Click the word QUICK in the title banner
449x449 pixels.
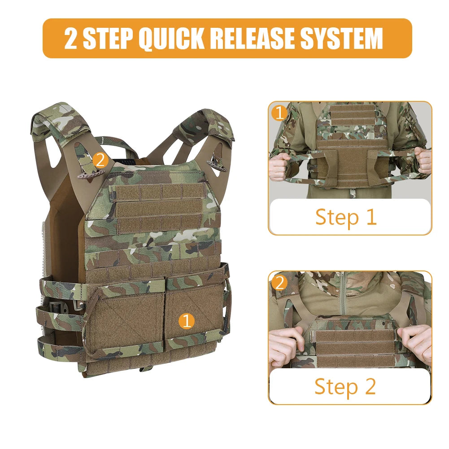171,39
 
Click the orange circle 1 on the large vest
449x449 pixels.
187,321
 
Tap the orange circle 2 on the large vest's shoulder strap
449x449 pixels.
100,160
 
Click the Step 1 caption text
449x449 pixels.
345,217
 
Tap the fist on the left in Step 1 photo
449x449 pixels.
279,167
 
